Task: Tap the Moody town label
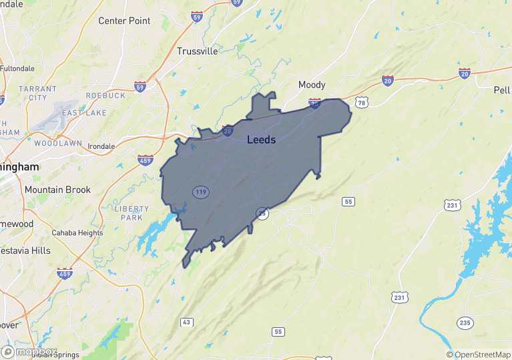tap(312, 85)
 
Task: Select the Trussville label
tap(198, 51)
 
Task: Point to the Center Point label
tap(124, 21)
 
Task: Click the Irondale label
tap(101, 146)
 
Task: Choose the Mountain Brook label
tap(57, 190)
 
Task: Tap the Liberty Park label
tap(132, 213)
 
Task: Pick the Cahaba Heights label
tap(77, 233)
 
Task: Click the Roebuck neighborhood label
tap(105, 96)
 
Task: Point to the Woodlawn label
tap(57, 143)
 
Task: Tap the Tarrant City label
tap(33, 93)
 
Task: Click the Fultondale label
tap(17, 68)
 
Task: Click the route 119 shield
tap(200, 192)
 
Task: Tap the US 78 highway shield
tap(361, 102)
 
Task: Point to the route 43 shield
tap(187, 323)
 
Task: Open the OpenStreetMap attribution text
tap(479, 355)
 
